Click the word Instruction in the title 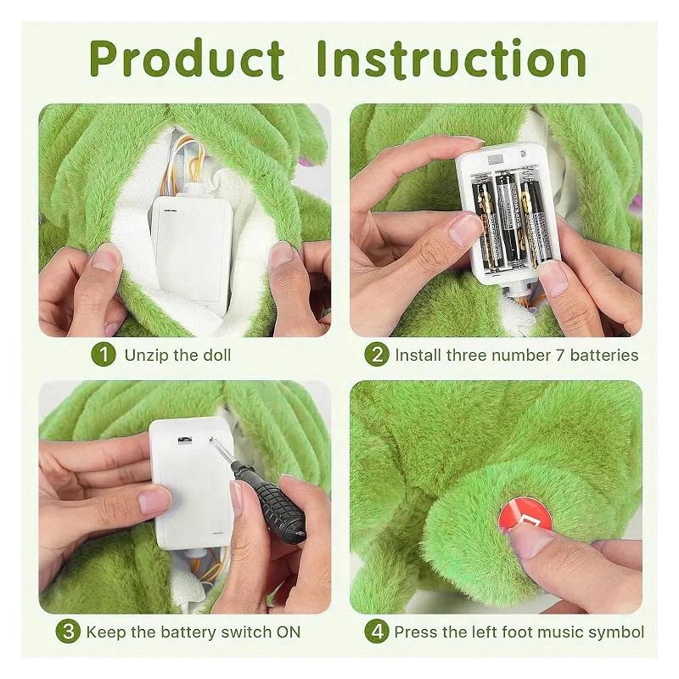pos(451,59)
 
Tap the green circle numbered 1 pos(104,355)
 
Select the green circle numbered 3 pos(69,631)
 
